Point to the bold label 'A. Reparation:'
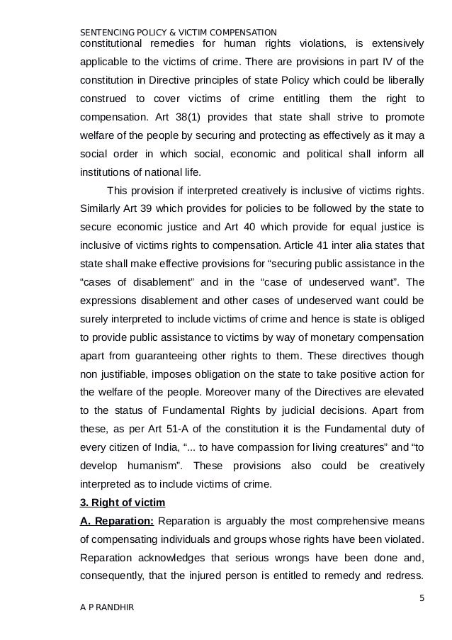coord(115,522)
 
